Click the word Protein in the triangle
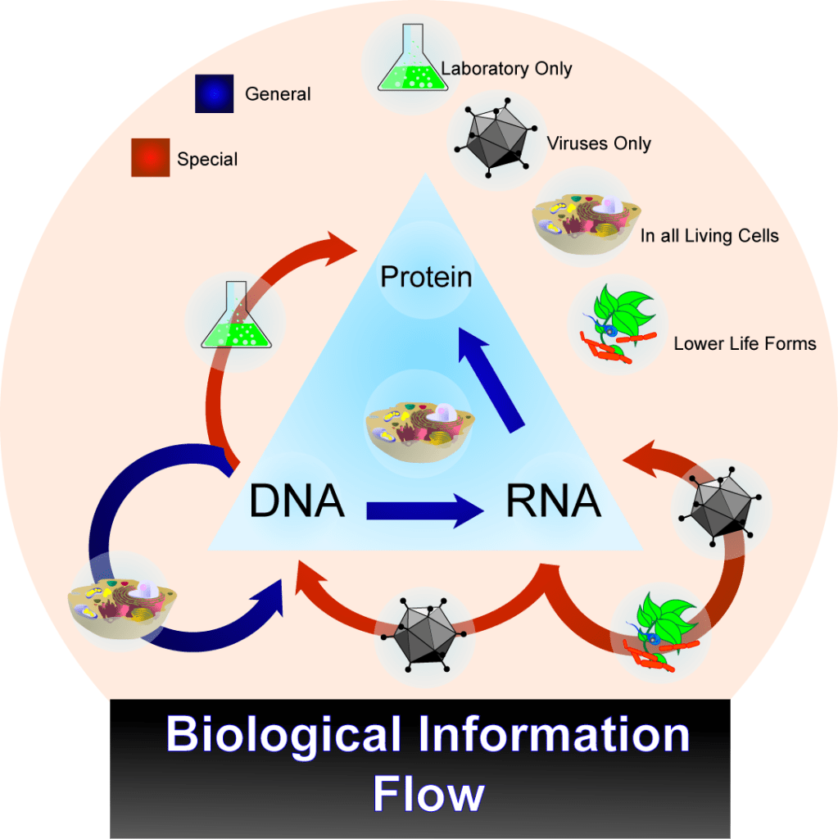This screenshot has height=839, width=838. [x=426, y=277]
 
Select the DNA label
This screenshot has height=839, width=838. [x=297, y=501]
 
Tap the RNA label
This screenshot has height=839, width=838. [x=554, y=501]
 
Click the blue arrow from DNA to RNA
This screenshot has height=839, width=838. [x=424, y=511]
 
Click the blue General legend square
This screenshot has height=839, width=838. [x=215, y=94]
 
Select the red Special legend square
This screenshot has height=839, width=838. [x=150, y=157]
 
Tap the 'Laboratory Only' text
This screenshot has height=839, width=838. [x=506, y=69]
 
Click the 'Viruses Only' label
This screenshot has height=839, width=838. [x=599, y=144]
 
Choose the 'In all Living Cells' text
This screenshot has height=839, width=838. [x=709, y=237]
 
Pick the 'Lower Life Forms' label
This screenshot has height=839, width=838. [x=745, y=343]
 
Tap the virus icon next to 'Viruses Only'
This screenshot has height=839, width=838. [x=491, y=139]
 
